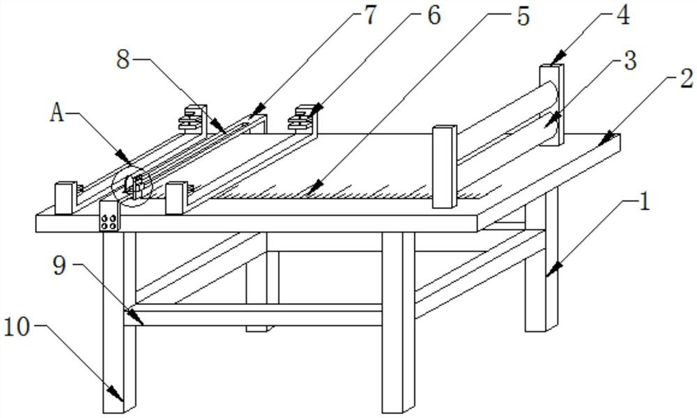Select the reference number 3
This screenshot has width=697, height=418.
[630, 61]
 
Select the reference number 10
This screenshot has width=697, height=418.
[18, 326]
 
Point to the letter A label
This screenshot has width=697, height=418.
[56, 113]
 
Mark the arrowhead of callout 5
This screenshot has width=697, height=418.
[312, 189]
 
